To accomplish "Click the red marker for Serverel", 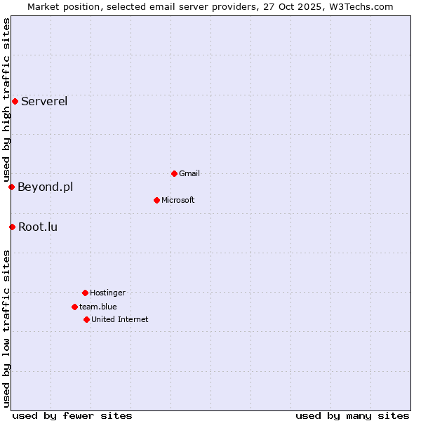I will tap(15, 101).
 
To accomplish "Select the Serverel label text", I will tap(44, 101).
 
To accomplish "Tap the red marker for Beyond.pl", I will tap(11, 187).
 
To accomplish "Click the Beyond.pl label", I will tap(45, 187).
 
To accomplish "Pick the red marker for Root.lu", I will tap(12, 227).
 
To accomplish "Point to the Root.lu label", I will tap(38, 227).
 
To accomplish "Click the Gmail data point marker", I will tap(174, 173).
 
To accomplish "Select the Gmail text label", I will tap(189, 173).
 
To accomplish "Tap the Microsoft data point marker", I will tap(156, 200).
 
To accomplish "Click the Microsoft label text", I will tap(178, 200).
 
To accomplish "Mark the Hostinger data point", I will tap(85, 293).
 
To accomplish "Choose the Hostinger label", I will tap(107, 293).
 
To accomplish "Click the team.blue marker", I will tap(74, 307).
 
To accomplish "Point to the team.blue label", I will tap(98, 307).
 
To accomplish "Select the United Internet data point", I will tap(86, 319).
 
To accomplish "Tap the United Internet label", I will tap(120, 319).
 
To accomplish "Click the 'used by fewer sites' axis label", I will tap(72, 415).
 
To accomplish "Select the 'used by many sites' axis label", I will tap(352, 415).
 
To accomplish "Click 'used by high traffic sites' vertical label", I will tap(6, 100).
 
